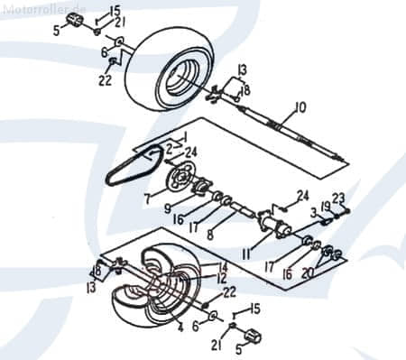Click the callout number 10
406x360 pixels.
tap(300, 107)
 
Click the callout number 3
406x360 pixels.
tap(313, 211)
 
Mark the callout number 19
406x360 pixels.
tap(325, 207)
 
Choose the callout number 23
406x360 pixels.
tap(338, 198)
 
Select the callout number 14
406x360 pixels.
tap(223, 266)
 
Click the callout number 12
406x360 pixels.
tap(221, 279)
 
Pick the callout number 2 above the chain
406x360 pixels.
tap(168, 146)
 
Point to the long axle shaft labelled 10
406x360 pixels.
tap(289, 126)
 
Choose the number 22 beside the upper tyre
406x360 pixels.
tap(106, 79)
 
